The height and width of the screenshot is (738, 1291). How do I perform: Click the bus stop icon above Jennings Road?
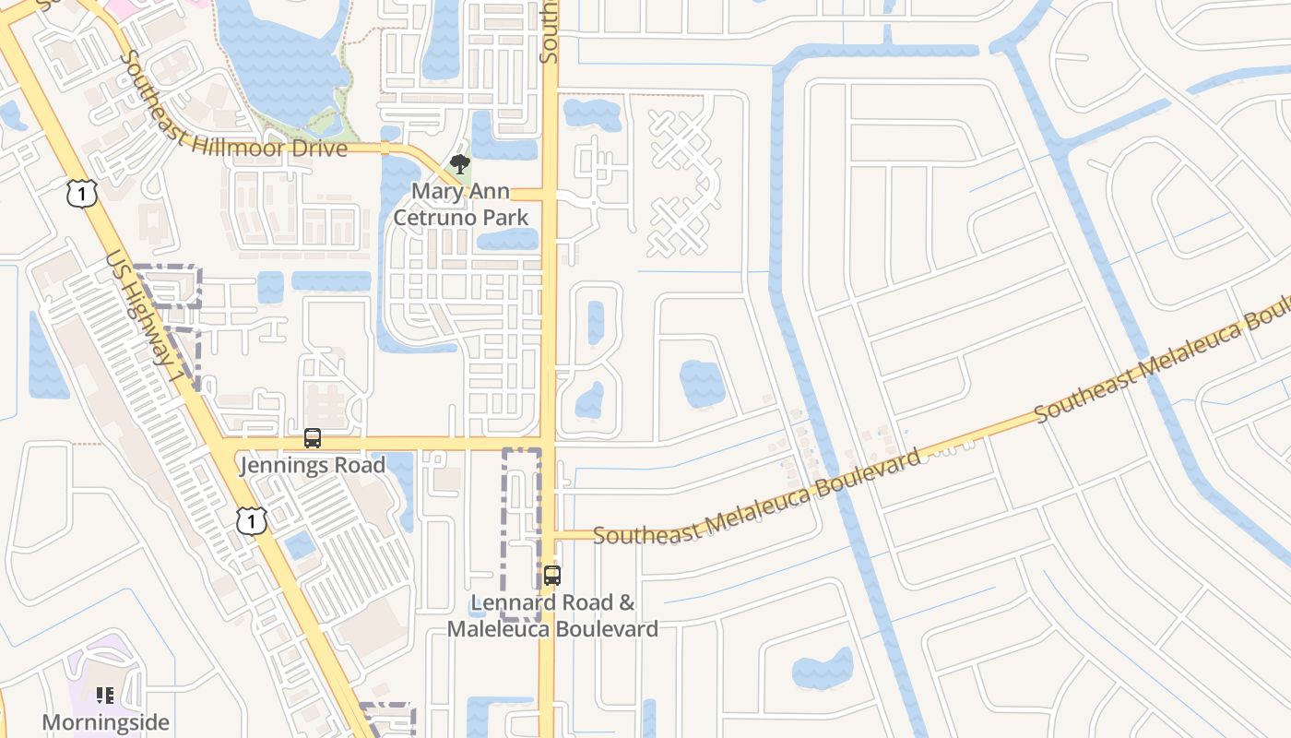click(x=313, y=438)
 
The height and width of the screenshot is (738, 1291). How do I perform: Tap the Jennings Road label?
click(x=313, y=465)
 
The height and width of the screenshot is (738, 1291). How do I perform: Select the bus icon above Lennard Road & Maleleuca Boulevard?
click(x=551, y=576)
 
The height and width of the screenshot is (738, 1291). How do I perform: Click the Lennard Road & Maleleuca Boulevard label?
click(x=552, y=615)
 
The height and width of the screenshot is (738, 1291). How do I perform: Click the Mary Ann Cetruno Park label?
click(x=461, y=204)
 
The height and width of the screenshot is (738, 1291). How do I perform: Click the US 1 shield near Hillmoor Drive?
click(x=82, y=194)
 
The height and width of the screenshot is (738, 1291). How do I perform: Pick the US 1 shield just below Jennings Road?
click(x=251, y=521)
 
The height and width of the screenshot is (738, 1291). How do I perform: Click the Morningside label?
click(x=106, y=721)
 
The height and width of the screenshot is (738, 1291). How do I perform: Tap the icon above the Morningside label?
click(x=105, y=695)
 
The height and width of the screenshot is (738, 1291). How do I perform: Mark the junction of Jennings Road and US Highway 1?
click(x=222, y=444)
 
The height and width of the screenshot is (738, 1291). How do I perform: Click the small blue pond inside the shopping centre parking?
click(x=300, y=545)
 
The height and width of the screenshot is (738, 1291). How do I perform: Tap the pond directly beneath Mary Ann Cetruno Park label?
click(x=506, y=239)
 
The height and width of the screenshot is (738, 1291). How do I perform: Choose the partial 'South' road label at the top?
click(x=550, y=32)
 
